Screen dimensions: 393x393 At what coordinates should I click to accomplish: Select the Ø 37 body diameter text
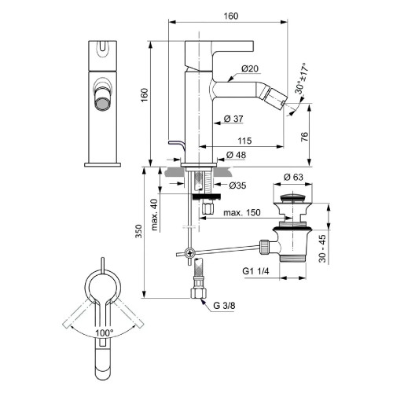236,119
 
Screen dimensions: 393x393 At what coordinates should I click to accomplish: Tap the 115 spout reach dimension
244,139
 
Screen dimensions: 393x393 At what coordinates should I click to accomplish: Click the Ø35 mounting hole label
240,185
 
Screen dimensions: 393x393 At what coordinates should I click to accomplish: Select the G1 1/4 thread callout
258,273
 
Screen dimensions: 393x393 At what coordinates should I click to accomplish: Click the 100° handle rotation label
104,333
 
